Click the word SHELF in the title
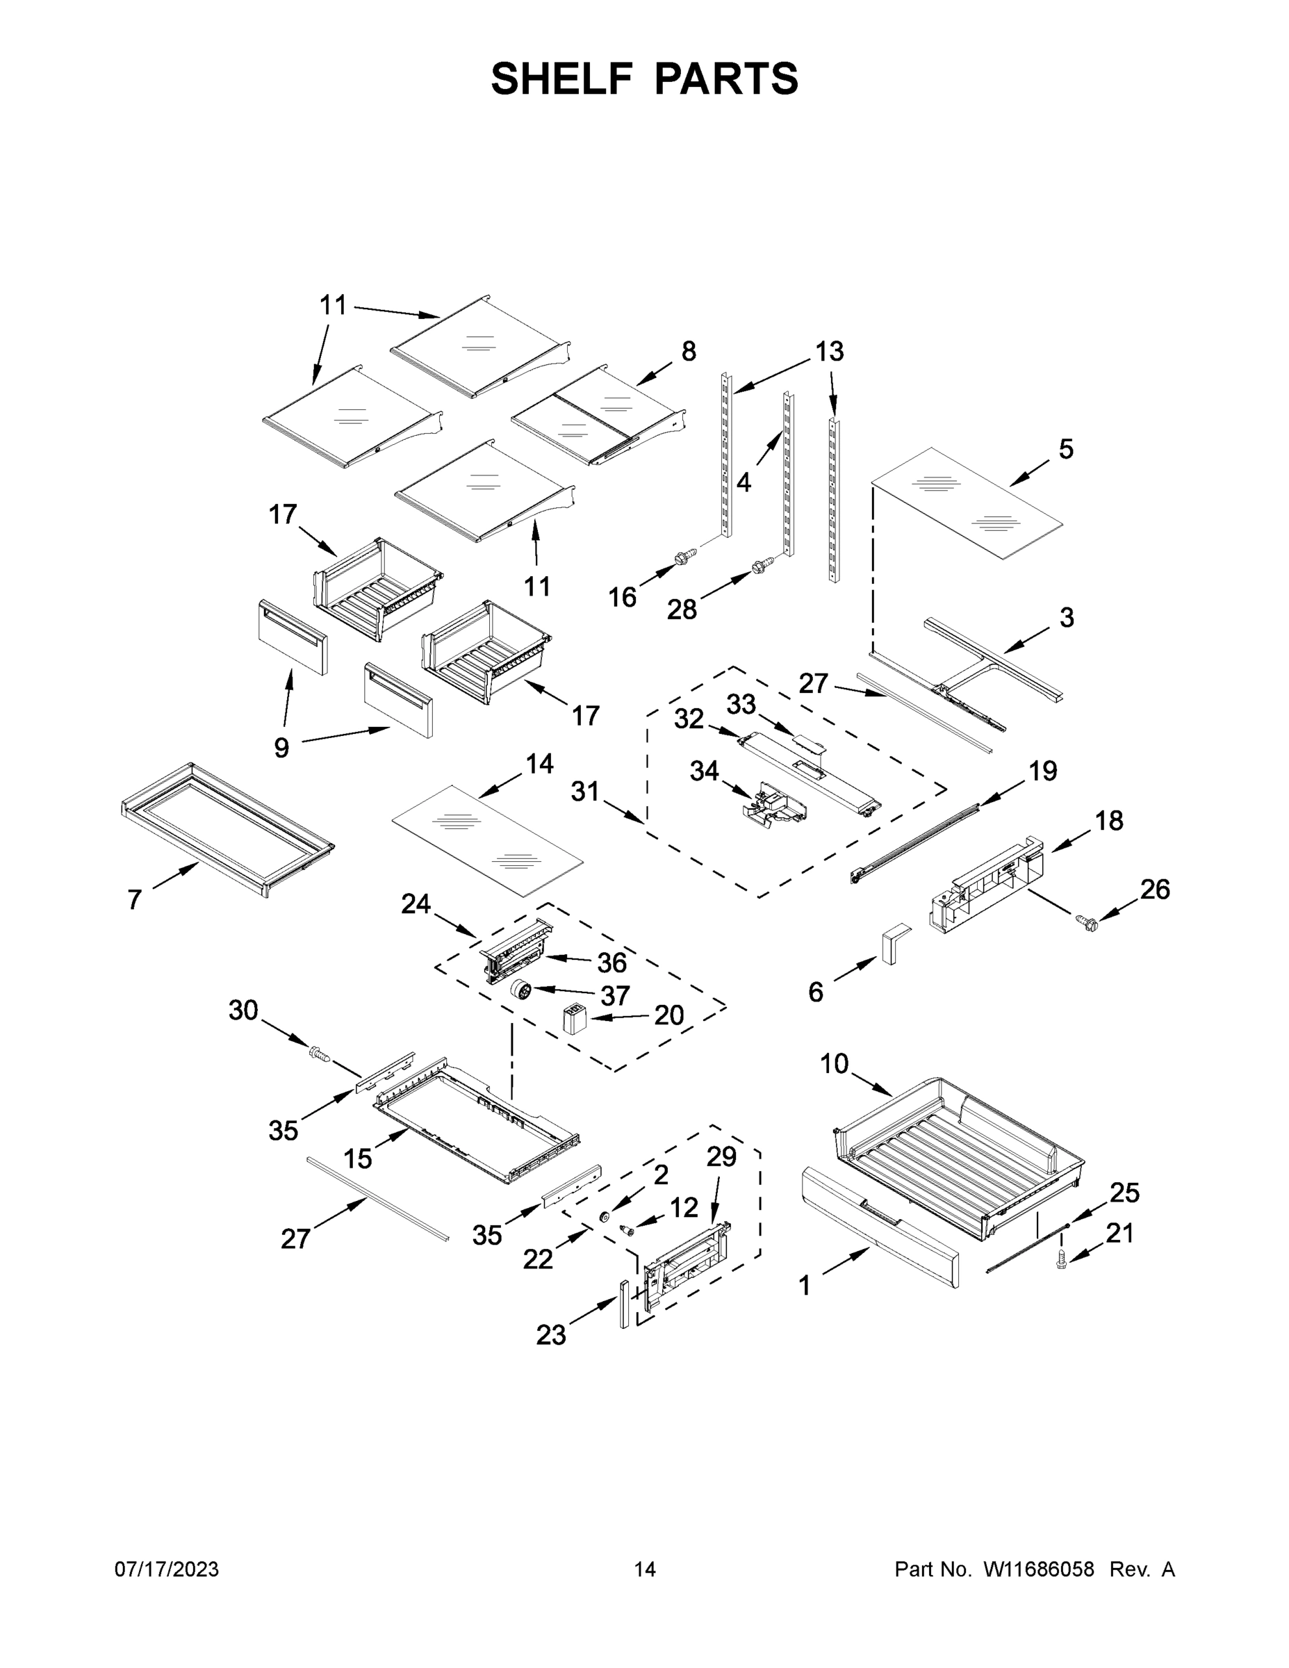tap(562, 79)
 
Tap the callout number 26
tap(1155, 889)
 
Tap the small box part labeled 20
tap(573, 1019)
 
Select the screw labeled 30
tap(319, 1055)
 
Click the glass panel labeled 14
tap(487, 840)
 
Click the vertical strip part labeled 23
tap(625, 1305)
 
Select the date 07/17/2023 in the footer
tap(167, 1569)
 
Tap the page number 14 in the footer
tap(645, 1569)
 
